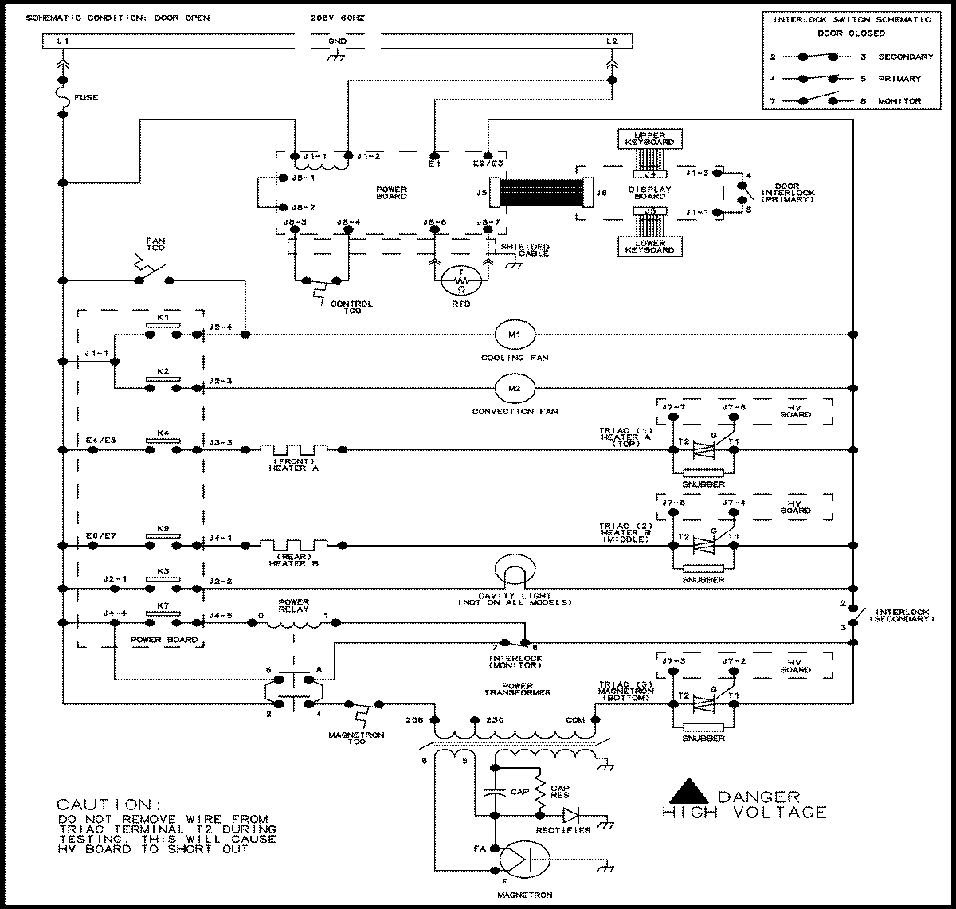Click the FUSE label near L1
click(86, 98)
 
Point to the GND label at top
click(337, 41)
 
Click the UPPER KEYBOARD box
click(649, 137)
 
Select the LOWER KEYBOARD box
click(649, 245)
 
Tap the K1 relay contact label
click(163, 317)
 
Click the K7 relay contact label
click(163, 605)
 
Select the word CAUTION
click(103, 804)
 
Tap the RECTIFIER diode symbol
click(570, 815)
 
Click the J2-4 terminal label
click(221, 327)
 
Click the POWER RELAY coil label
click(293, 606)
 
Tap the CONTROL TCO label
click(351, 308)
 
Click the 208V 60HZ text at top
click(339, 18)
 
